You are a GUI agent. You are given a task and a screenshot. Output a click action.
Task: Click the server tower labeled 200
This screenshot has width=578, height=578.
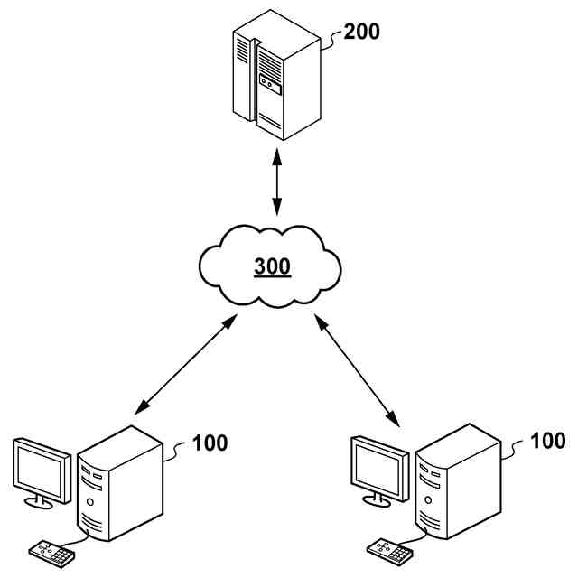click(276, 77)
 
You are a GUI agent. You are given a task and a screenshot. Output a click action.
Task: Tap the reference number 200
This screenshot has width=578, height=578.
click(362, 32)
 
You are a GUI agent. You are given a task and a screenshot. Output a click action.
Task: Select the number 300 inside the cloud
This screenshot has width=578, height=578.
click(273, 267)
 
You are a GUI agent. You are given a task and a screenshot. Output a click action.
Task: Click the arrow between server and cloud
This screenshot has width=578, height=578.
click(277, 186)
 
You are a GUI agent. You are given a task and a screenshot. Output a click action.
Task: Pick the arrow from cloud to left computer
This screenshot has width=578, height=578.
click(185, 366)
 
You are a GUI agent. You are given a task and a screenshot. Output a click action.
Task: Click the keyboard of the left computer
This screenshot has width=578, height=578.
click(51, 553)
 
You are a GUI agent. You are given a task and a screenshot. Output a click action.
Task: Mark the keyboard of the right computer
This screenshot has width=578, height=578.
click(388, 550)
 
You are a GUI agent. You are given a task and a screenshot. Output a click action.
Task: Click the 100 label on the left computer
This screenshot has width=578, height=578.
click(210, 443)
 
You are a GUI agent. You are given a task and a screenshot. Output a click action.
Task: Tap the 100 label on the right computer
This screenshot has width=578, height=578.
click(548, 442)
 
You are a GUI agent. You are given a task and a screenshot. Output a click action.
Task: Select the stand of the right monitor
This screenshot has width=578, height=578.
click(377, 499)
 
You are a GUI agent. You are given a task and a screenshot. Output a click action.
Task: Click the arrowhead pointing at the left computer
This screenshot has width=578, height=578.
click(140, 409)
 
